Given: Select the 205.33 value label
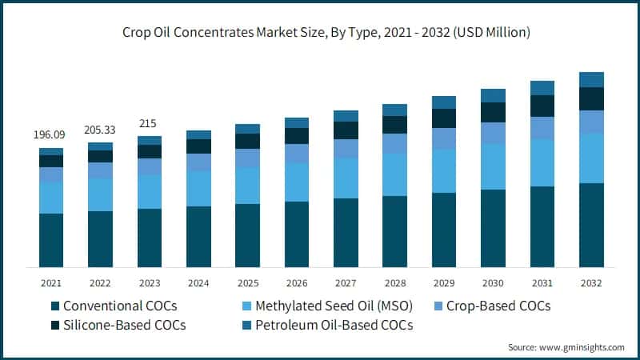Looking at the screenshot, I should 100,130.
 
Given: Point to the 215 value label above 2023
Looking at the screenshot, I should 149,123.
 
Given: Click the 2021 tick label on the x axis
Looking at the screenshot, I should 50,282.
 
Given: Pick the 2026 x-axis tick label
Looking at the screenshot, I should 296,282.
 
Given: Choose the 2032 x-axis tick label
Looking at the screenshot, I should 590,282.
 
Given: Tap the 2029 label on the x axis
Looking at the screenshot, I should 443,282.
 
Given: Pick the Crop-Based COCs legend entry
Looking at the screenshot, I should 493,306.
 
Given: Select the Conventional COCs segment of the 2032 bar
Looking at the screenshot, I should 590,225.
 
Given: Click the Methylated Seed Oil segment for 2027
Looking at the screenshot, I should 346,178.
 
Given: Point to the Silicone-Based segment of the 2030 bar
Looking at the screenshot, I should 493,112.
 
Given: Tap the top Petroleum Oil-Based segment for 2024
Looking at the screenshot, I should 198,134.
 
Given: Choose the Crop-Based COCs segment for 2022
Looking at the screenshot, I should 100,170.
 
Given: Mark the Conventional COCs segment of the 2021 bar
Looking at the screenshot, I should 50,240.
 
